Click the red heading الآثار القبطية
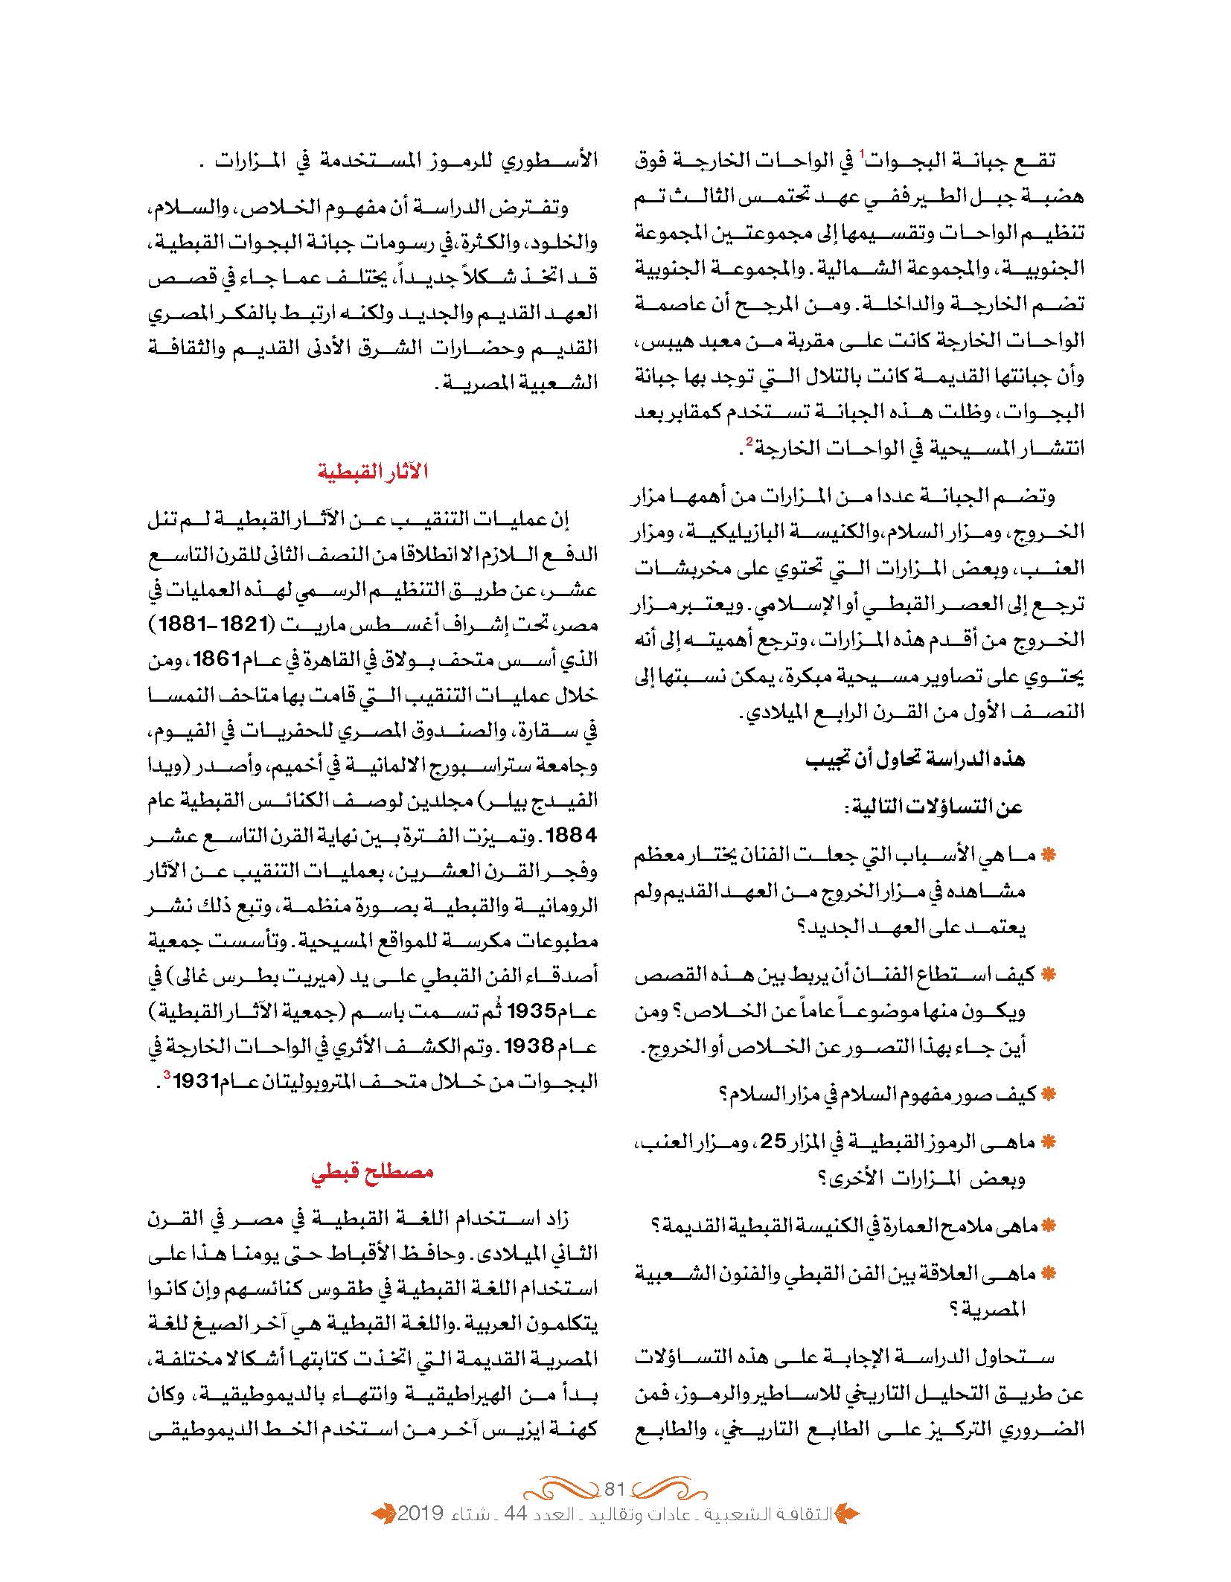[373, 472]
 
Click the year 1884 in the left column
[572, 835]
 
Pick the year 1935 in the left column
[531, 1011]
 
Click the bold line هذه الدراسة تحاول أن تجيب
[915, 758]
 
